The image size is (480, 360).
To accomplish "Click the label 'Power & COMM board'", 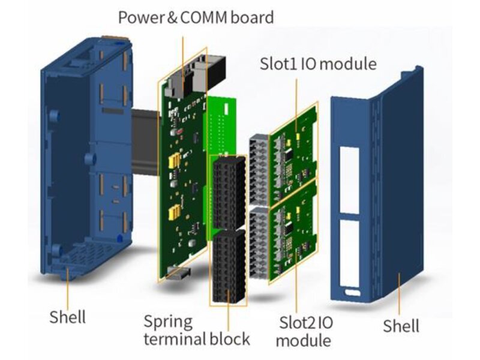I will click(196, 17).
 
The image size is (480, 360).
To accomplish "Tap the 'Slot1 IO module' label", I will click(318, 64).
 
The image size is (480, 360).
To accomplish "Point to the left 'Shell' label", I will click(67, 317).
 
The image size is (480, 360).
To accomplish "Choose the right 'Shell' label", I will click(401, 326).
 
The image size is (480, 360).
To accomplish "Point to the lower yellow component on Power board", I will click(176, 211).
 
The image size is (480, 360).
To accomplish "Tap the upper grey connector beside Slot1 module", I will click(259, 169).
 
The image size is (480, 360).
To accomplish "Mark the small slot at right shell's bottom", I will click(352, 294).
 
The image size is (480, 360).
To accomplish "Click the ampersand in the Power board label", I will click(170, 17).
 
